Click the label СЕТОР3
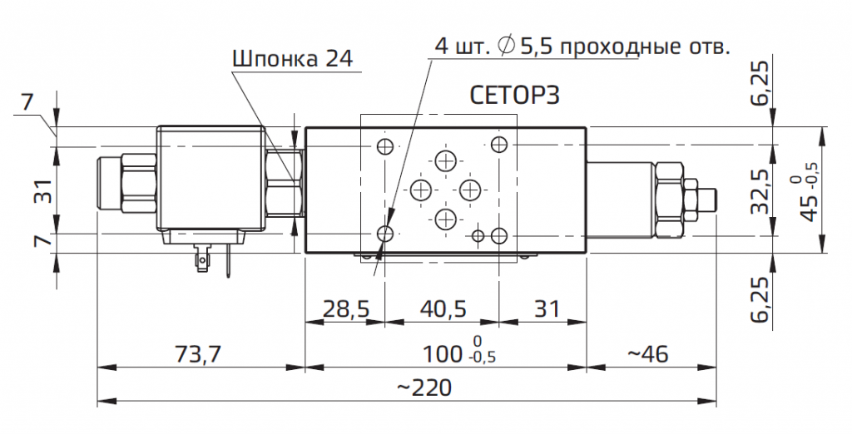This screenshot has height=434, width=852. [515, 95]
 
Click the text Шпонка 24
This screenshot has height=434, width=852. [291, 59]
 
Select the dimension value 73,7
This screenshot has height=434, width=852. [197, 354]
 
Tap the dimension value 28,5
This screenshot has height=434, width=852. [345, 309]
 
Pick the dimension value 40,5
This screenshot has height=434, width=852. [443, 309]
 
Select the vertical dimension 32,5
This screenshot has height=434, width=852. [760, 192]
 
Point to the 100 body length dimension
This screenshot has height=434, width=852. [441, 354]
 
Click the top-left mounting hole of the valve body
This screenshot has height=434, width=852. [384, 147]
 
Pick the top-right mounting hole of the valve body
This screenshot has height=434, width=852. [499, 146]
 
